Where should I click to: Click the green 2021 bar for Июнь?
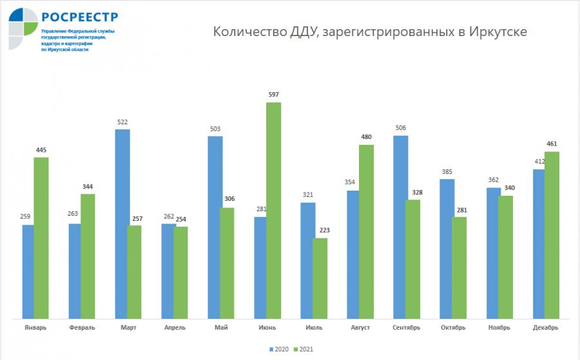pos(273,210)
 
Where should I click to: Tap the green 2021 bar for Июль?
pos(320,278)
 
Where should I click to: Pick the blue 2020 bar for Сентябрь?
pos(401,227)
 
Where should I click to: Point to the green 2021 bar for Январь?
pos(41,238)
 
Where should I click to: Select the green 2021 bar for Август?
pos(366,231)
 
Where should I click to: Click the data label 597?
pos(273,95)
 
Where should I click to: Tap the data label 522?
pos(122,122)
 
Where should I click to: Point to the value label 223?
pos(320,231)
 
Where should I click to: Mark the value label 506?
pos(401,128)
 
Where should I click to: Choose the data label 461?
pos(552,144)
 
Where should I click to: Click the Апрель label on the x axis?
pos(175,328)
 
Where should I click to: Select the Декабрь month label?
pos(546,328)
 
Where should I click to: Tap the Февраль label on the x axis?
pos(82,328)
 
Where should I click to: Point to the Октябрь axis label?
pos(453,328)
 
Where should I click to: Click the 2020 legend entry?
pos(278,349)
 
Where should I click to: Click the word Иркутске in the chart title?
pos(497,32)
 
